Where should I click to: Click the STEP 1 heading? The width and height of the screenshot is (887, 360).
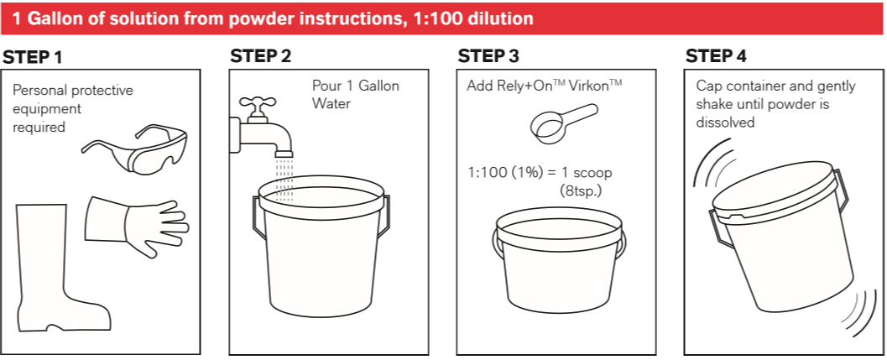click(x=33, y=58)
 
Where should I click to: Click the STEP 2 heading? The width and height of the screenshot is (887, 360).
click(x=261, y=57)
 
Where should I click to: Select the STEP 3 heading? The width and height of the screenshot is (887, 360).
click(x=488, y=57)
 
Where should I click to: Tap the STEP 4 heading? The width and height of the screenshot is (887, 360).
click(x=716, y=57)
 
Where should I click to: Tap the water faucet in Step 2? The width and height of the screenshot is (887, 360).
click(x=257, y=126)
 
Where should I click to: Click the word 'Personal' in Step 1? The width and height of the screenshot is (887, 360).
click(x=37, y=90)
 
